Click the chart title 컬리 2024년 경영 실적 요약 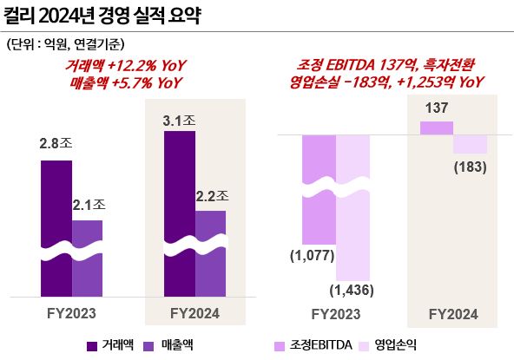tap(103, 16)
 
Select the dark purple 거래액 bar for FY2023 tap(56, 226)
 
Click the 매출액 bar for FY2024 tap(210, 252)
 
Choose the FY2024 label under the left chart tap(195, 312)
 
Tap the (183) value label tap(470, 166)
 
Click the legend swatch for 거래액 tap(92, 344)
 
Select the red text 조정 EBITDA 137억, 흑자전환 tap(385, 66)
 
